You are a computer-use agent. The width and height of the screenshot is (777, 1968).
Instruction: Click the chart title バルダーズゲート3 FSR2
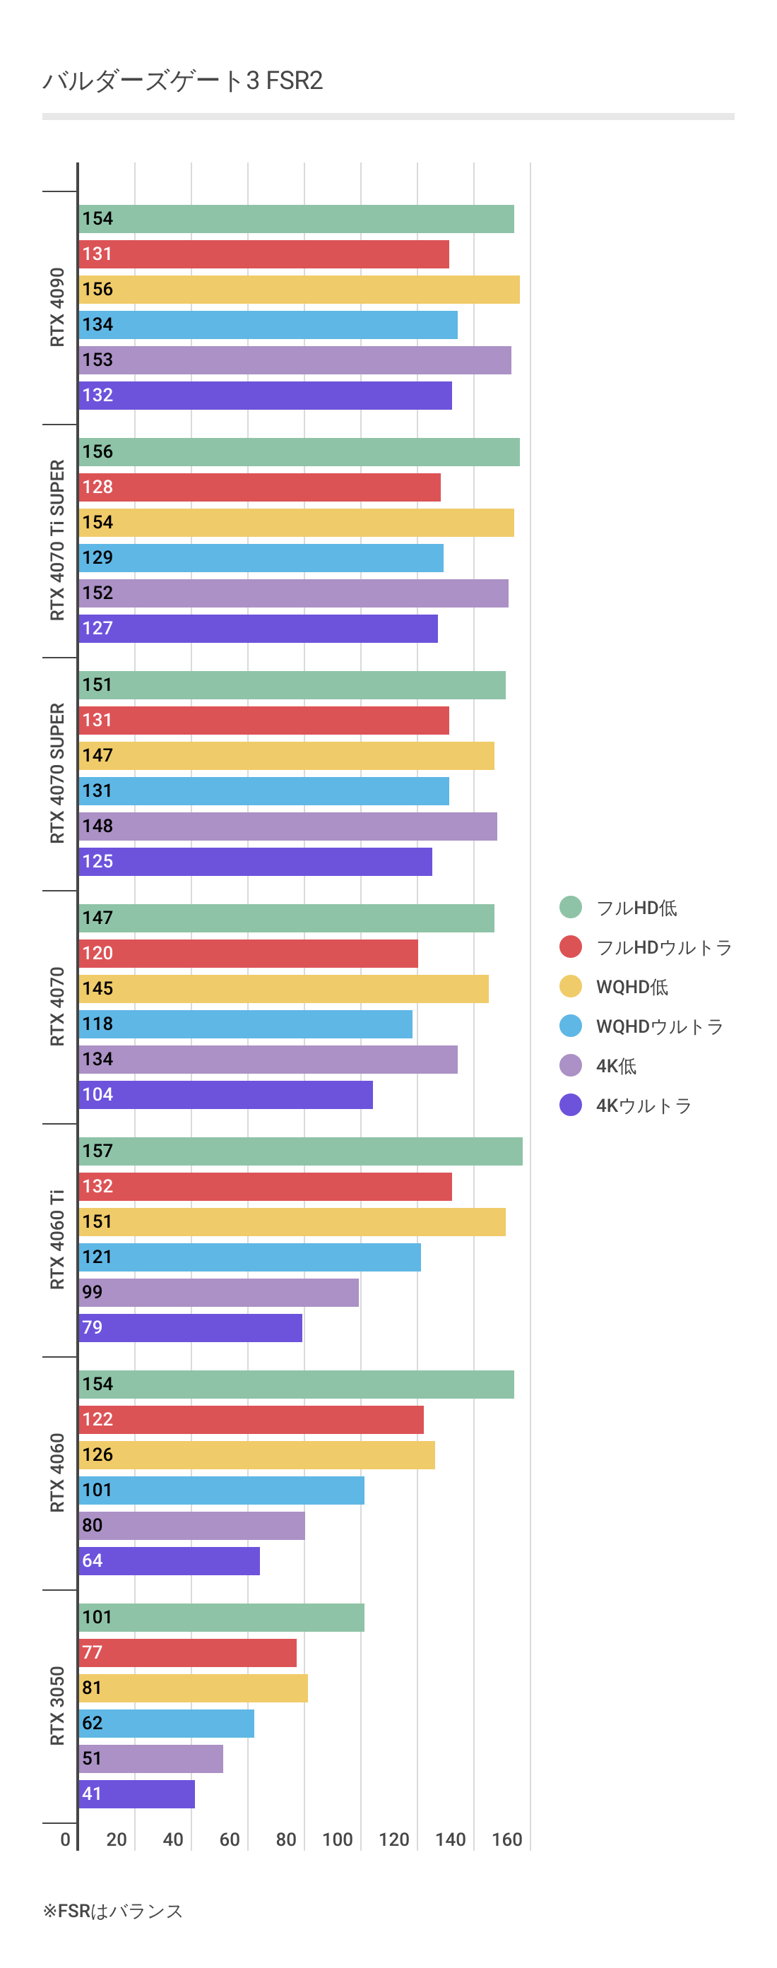[183, 81]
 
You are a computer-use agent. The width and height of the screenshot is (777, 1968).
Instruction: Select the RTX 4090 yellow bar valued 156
[299, 290]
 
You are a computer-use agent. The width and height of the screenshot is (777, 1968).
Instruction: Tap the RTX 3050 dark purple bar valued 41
[137, 1794]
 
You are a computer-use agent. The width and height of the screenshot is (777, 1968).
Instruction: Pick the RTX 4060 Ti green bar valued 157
[300, 1151]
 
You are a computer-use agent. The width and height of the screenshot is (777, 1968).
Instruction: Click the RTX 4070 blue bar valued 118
[245, 1024]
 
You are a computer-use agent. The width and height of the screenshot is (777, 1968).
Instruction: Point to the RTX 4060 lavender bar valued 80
[191, 1525]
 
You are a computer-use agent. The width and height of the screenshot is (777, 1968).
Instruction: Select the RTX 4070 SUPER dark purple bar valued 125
[255, 862]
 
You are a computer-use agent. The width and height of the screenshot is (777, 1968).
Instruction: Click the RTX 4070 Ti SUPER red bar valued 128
[260, 487]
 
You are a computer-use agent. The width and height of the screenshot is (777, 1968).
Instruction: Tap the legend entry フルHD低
[636, 908]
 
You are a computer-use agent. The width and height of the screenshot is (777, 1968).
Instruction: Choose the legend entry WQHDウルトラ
[658, 1026]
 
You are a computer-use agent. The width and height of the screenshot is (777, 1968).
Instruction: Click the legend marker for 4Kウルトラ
[570, 1105]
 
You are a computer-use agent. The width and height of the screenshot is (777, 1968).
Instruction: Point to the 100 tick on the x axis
[338, 1839]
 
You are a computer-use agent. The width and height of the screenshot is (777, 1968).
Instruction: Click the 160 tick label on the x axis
[506, 1839]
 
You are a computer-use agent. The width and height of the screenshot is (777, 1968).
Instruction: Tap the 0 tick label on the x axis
[66, 1839]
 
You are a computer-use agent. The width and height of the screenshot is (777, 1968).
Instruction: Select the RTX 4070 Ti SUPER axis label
[57, 540]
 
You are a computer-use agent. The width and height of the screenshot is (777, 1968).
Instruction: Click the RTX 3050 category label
[57, 1706]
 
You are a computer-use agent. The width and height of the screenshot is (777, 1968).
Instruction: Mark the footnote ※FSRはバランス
[112, 1911]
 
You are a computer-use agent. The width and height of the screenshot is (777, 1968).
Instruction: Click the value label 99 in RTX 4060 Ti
[93, 1292]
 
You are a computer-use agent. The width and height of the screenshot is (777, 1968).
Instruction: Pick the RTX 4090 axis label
[57, 307]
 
